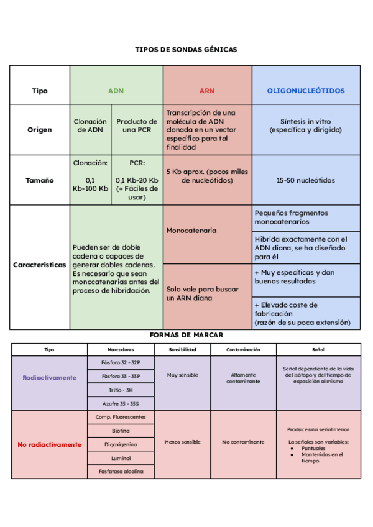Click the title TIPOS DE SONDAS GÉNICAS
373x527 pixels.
[186, 49]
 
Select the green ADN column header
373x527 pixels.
[116, 91]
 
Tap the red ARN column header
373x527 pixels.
[207, 91]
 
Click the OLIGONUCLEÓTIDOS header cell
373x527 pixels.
[306, 91]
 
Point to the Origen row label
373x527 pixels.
[40, 130]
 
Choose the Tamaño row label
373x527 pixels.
[40, 180]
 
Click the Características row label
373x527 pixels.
[40, 264]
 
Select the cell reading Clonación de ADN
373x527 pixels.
[90, 126]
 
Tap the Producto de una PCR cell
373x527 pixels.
[137, 126]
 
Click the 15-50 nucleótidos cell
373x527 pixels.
[306, 180]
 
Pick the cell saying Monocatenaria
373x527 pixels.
[191, 231]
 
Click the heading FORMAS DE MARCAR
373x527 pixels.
[186, 335]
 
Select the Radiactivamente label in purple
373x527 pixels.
[50, 377]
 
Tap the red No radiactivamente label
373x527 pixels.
[50, 444]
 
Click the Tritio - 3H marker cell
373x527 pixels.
[121, 390]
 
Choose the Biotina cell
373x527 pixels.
[121, 431]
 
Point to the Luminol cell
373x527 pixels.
[121, 458]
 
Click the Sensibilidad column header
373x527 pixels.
[183, 349]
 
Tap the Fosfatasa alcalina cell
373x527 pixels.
[121, 472]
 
